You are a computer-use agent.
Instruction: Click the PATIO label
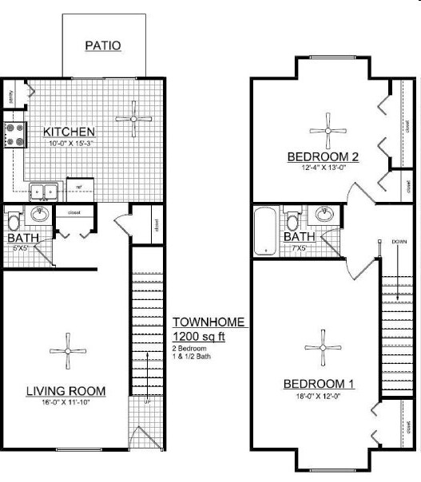[x=103, y=45]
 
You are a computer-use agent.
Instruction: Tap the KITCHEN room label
[x=70, y=132]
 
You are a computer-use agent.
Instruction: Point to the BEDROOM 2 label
[x=323, y=156]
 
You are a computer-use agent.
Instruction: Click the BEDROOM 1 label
[x=319, y=384]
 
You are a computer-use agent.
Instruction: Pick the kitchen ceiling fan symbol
[x=133, y=119]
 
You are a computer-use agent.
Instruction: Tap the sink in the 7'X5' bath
[x=324, y=214]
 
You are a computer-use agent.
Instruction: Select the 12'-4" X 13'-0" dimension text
[x=324, y=168]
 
